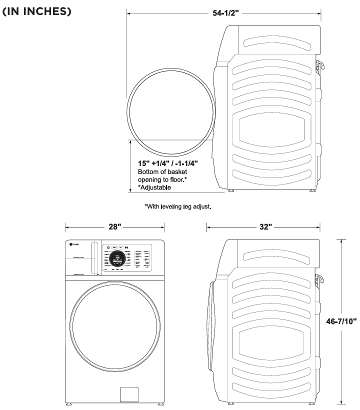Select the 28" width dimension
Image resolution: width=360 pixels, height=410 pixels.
click(115, 227)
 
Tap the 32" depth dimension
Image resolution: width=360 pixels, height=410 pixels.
click(265, 227)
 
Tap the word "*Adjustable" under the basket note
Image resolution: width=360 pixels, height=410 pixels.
click(154, 188)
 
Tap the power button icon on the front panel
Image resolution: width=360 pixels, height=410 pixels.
click(108, 247)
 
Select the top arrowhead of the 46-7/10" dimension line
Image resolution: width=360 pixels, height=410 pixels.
click(341, 241)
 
